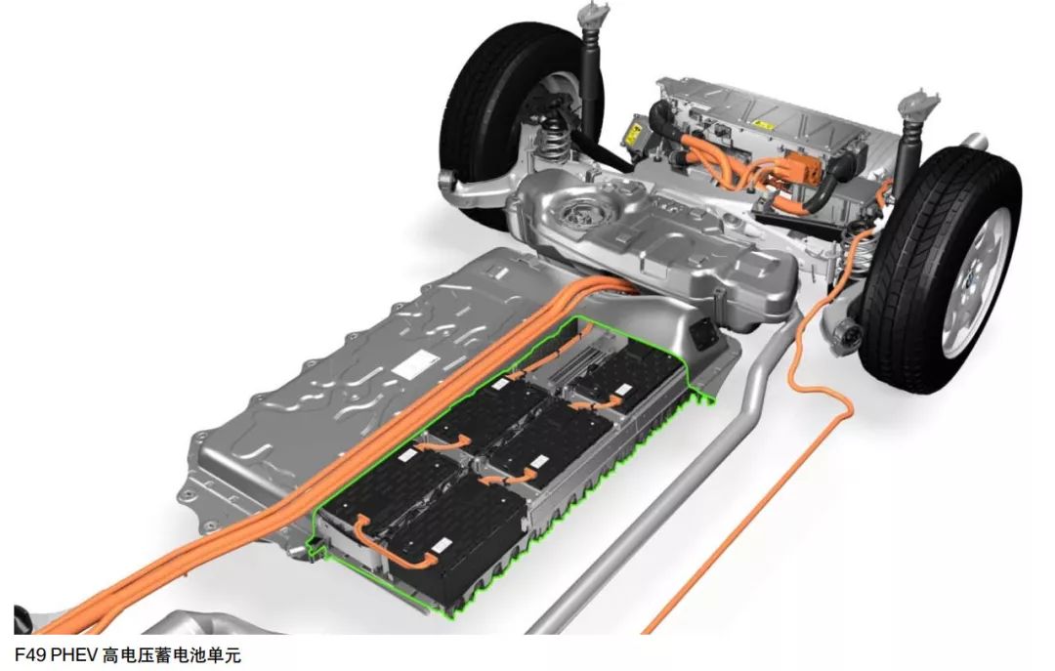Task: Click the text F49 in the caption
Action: pyautogui.click(x=30, y=654)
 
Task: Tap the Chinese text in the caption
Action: pyautogui.click(x=172, y=654)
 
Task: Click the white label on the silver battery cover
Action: pyautogui.click(x=415, y=364)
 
